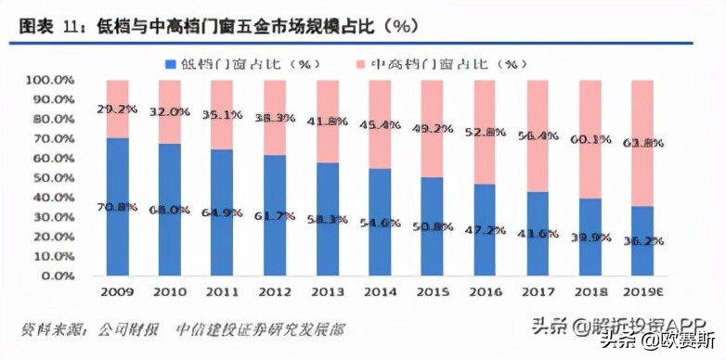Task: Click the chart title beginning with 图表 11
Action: [196, 27]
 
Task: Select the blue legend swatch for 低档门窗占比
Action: [170, 64]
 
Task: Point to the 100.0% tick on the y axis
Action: [50, 81]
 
